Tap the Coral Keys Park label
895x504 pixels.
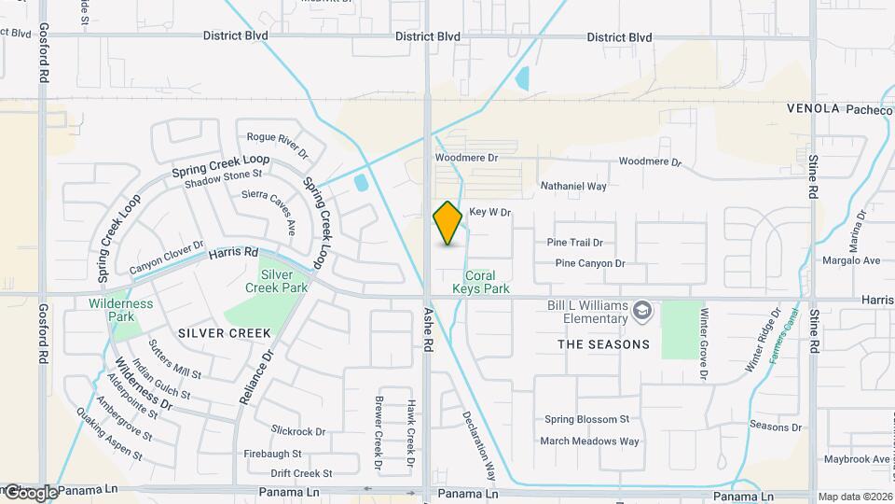480,283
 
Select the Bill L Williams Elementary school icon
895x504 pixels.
642,309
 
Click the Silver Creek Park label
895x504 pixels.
283,281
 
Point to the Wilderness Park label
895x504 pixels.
120,310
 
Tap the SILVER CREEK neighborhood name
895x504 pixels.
224,333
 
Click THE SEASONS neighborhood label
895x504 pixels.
603,344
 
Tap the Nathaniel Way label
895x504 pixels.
573,187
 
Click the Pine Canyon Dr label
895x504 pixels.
589,263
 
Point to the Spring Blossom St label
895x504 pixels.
587,420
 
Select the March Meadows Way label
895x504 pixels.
590,441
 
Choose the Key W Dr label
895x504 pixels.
490,213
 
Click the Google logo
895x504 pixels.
30,492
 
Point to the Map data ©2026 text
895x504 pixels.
855,497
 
